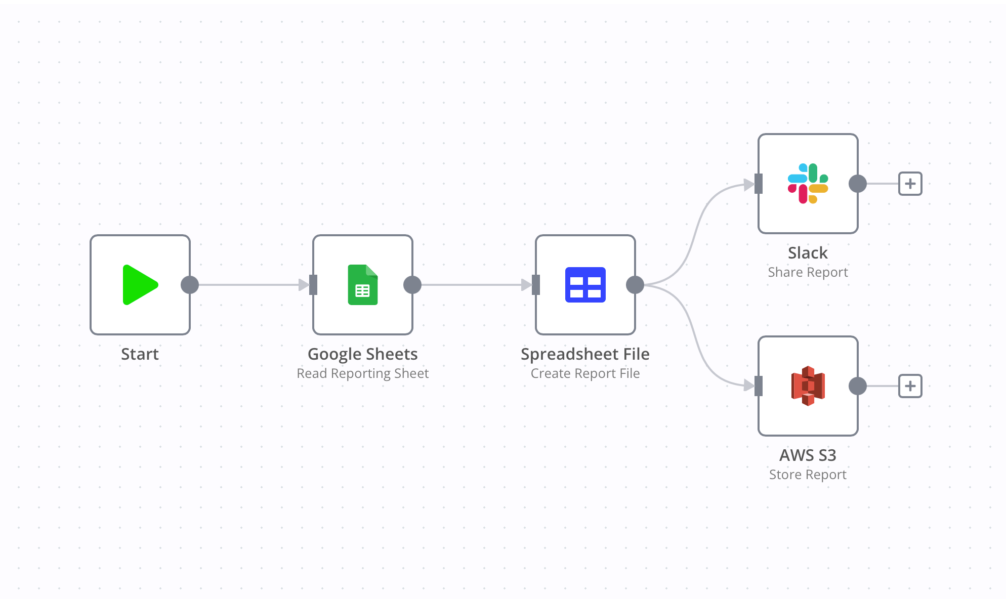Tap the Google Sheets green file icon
point(363,285)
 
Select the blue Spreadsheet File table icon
point(585,285)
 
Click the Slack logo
point(808,184)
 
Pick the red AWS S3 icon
point(808,386)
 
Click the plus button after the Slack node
point(910,184)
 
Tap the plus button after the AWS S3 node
point(910,386)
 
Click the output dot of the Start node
point(190,285)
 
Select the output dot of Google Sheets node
point(412,285)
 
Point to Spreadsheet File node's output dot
point(635,285)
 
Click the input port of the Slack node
point(758,184)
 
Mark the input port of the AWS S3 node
point(758,386)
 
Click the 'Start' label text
point(140,354)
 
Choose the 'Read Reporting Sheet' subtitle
point(362,373)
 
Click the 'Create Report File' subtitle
point(585,373)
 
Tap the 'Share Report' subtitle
point(808,272)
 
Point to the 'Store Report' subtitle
point(808,475)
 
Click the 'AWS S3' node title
point(808,455)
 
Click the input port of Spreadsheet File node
point(536,285)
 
